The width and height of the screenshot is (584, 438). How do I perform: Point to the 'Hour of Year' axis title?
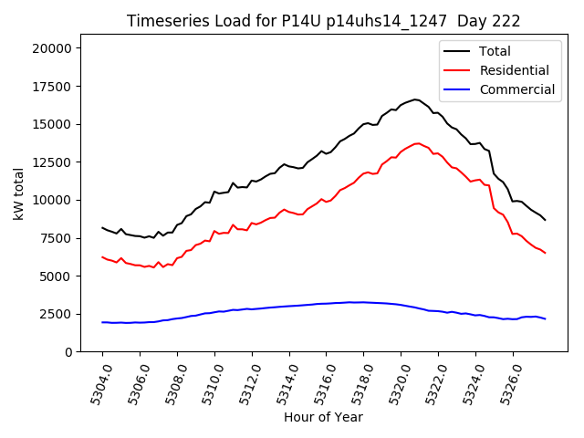(323, 417)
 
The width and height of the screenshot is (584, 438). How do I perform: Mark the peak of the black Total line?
(414, 99)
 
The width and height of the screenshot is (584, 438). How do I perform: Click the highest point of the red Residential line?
(418, 143)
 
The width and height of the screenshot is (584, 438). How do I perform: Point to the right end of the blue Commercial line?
(545, 318)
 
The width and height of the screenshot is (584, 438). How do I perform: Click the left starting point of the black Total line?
(102, 228)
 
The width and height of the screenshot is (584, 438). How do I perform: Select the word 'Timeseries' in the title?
(161, 21)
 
